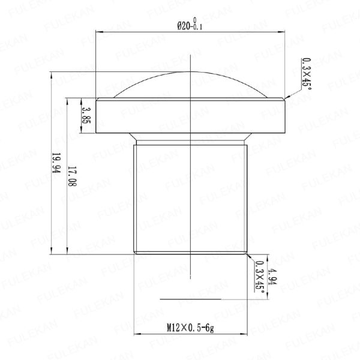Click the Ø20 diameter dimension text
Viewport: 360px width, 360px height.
[x=184, y=26]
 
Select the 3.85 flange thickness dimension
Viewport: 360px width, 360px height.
[x=86, y=115]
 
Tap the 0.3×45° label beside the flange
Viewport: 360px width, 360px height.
[x=307, y=73]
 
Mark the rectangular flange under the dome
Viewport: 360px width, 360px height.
[x=190, y=115]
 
